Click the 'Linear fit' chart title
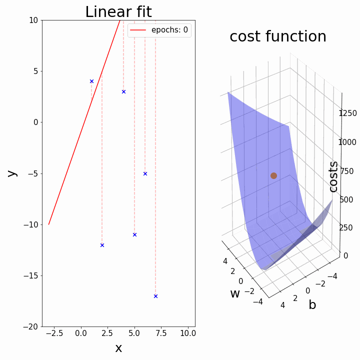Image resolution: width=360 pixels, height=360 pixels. (x=118, y=11)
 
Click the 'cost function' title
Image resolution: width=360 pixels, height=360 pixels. (x=277, y=36)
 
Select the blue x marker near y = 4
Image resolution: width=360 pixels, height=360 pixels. (x=91, y=81)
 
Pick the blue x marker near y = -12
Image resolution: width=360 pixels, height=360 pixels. (x=102, y=245)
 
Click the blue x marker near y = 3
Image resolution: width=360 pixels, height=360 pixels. (x=123, y=91)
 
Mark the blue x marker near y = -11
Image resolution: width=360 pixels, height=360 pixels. (x=134, y=234)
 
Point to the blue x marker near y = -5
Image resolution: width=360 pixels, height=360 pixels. (x=145, y=173)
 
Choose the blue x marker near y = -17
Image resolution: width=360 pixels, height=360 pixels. (x=155, y=296)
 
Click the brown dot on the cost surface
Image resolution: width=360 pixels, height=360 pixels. (x=273, y=175)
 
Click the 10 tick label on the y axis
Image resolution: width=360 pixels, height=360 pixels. (x=33, y=20)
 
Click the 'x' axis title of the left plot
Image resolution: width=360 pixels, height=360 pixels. (x=118, y=348)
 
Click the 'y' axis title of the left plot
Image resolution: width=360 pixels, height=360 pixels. (x=12, y=173)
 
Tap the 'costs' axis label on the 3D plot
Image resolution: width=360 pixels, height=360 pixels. (x=333, y=176)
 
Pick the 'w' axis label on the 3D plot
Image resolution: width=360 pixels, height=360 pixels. (x=235, y=294)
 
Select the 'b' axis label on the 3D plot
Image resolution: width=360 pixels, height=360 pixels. (x=312, y=304)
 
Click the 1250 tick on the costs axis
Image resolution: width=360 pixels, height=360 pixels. (x=347, y=113)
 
